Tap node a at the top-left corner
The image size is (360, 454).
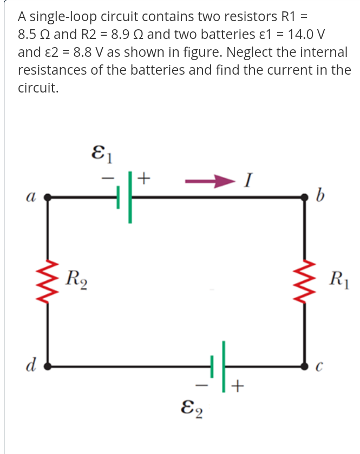(x=48, y=198)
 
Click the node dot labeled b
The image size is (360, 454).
(x=307, y=199)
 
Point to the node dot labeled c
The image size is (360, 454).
(x=307, y=366)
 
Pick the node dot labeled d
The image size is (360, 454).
(x=48, y=366)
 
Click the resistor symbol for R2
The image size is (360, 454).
(x=48, y=282)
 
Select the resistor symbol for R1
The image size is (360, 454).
(x=307, y=282)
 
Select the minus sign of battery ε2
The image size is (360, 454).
(x=202, y=386)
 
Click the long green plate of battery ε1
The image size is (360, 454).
(x=130, y=198)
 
